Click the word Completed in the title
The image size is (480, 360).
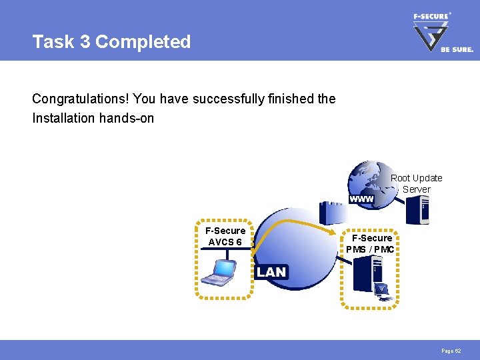(x=143, y=42)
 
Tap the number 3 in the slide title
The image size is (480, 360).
(x=85, y=42)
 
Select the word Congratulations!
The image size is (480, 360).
(x=80, y=99)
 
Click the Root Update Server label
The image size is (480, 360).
(x=416, y=183)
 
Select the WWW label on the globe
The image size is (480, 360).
(x=361, y=199)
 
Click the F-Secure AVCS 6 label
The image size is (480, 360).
(x=225, y=236)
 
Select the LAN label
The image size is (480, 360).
(x=271, y=272)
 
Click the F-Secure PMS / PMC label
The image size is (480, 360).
(x=371, y=243)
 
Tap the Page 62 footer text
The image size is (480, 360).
(x=450, y=351)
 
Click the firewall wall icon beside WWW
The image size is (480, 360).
(x=331, y=213)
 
